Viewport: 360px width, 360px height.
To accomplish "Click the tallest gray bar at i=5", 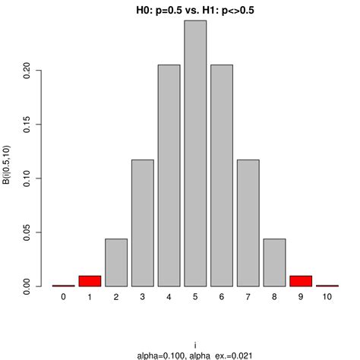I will point(195,153).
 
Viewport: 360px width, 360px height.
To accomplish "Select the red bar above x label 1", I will point(90,281).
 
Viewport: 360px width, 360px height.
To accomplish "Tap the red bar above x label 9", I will point(301,281).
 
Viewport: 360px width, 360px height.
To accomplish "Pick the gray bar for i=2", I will point(116,263).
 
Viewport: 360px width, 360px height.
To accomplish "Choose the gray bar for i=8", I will point(274,263).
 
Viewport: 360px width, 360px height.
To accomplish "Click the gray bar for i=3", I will point(142,223).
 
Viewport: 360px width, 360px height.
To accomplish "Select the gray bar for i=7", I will point(248,223).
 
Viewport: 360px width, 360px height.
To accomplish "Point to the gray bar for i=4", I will point(169,176).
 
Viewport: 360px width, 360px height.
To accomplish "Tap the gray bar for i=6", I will point(222,176).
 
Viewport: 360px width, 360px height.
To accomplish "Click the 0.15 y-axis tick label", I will point(27,125).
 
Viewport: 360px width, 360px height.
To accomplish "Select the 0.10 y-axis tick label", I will point(27,178).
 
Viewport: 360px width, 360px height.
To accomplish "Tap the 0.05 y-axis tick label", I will point(27,232).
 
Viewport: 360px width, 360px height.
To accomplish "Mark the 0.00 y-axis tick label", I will point(27,286).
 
